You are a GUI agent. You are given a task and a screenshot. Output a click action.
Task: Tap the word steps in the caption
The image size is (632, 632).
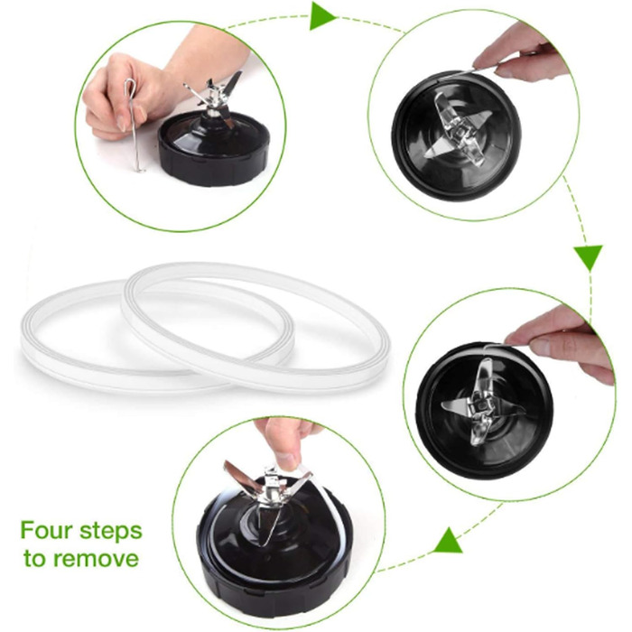tap(111, 532)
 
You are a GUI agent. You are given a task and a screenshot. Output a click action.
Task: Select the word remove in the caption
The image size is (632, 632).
tap(96, 559)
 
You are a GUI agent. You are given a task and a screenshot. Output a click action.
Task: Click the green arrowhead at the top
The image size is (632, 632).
tap(321, 16)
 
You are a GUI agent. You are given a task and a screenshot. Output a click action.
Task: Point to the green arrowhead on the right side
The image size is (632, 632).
tap(589, 256)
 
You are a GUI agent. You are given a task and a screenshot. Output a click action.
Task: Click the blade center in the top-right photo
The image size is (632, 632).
tap(459, 131)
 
